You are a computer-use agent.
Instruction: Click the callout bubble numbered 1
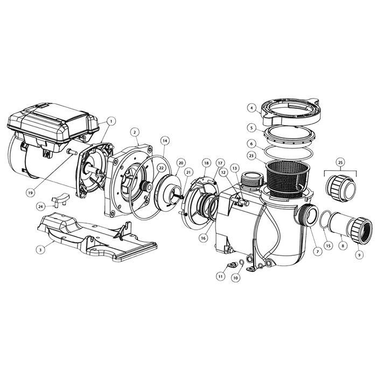(111, 122)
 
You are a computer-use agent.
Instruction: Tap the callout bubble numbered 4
(251, 108)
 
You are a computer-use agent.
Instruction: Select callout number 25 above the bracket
(340, 162)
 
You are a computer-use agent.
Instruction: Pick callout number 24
(41, 206)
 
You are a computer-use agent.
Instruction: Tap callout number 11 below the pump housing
(220, 276)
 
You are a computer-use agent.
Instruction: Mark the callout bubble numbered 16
(203, 236)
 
